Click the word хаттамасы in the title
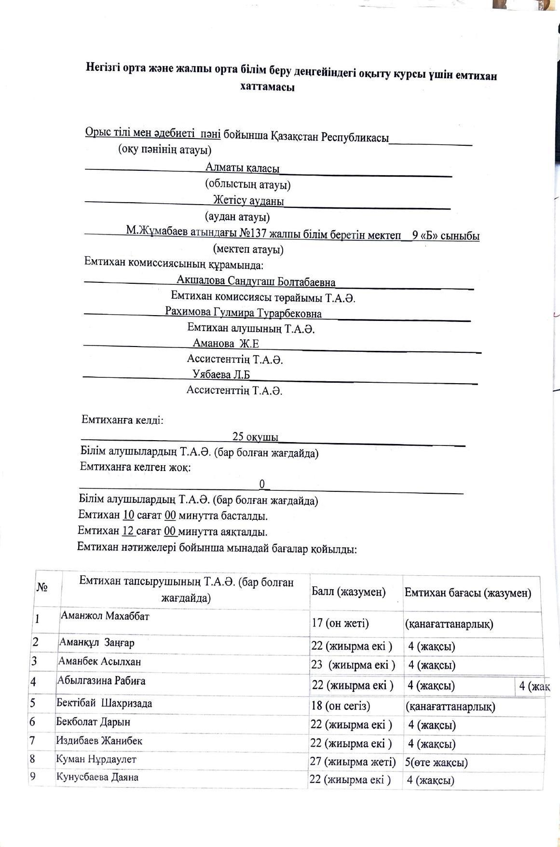coord(267,87)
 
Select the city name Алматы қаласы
coord(242,168)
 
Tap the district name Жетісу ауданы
coord(248,200)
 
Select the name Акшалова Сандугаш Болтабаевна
coord(256,281)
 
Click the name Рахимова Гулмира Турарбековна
coord(243,313)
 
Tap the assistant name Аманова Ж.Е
coord(226,344)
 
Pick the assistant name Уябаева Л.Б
coord(221,375)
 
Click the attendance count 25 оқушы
coord(255,437)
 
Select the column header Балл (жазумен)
coord(348,592)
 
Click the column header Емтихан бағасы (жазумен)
coord(468,593)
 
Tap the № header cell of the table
coord(41,587)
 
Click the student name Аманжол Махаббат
coord(105,616)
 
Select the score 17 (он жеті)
coord(340,623)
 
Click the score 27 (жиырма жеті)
coord(353,762)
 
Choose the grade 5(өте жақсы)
coord(436,763)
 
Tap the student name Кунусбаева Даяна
coord(97,778)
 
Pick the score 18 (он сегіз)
coord(341,706)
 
